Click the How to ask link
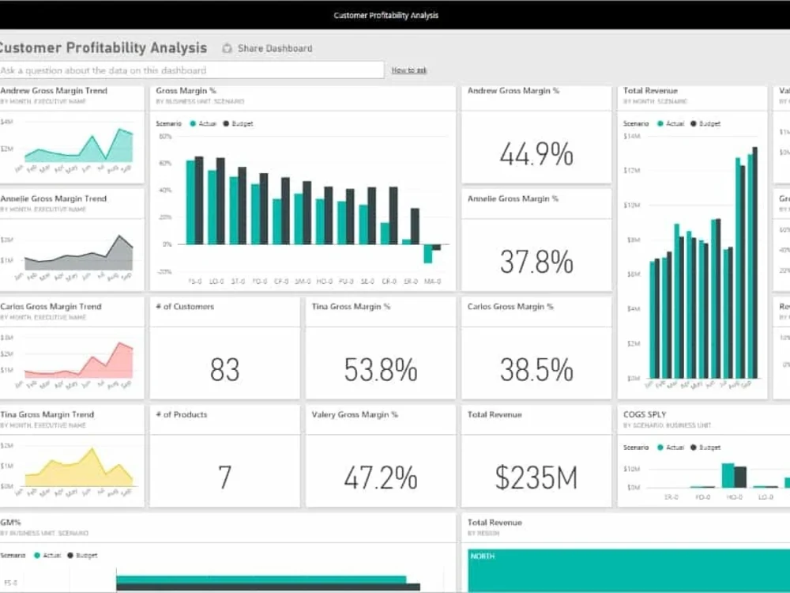[409, 70]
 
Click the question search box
[191, 70]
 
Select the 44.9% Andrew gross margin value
[536, 155]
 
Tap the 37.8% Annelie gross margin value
[536, 262]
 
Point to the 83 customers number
[224, 369]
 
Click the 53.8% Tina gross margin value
[380, 369]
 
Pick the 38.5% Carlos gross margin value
[536, 369]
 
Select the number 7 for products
[224, 477]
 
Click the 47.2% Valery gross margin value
[380, 477]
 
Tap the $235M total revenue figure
[536, 477]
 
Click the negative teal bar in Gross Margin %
[427, 253]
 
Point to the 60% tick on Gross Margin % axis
[165, 164]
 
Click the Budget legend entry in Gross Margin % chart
[238, 124]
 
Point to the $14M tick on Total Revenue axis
[631, 137]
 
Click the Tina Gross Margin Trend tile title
[47, 414]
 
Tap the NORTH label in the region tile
[482, 556]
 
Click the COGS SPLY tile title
[645, 414]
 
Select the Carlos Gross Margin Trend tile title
[51, 307]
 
